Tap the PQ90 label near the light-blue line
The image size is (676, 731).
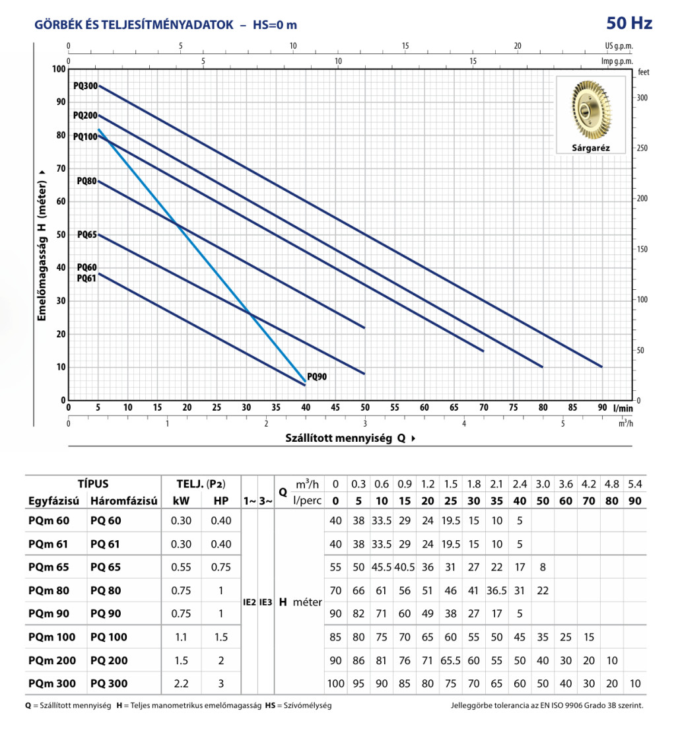coord(317,377)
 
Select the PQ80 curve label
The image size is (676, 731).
coord(87,181)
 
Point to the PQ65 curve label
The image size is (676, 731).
coord(87,234)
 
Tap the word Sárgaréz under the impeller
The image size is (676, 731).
coord(590,149)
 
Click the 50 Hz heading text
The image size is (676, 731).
coord(629,24)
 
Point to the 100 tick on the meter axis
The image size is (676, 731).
coord(58,69)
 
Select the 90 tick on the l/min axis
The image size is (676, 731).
coord(602,407)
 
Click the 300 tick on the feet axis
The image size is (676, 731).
coord(642,97)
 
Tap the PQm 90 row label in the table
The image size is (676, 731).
coord(49,613)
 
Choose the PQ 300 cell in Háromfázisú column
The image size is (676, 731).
coord(109,683)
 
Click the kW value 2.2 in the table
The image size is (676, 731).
coord(180,683)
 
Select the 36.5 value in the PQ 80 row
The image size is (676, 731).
coord(497,590)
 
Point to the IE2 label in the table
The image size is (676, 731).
coord(250,602)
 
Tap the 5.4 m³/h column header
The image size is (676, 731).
coord(635,484)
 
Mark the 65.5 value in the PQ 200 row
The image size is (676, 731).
coord(451,660)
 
